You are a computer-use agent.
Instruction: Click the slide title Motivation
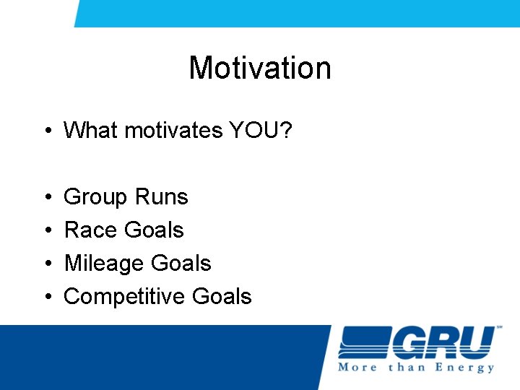tap(260, 69)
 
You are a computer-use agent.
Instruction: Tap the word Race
tap(91, 230)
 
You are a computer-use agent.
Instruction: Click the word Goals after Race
tap(154, 230)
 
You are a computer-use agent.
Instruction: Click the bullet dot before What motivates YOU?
tap(45, 131)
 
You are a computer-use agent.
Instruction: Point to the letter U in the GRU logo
tap(472, 342)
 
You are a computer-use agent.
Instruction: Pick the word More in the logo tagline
tap(357, 368)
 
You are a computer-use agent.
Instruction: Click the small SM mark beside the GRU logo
tap(499, 329)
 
